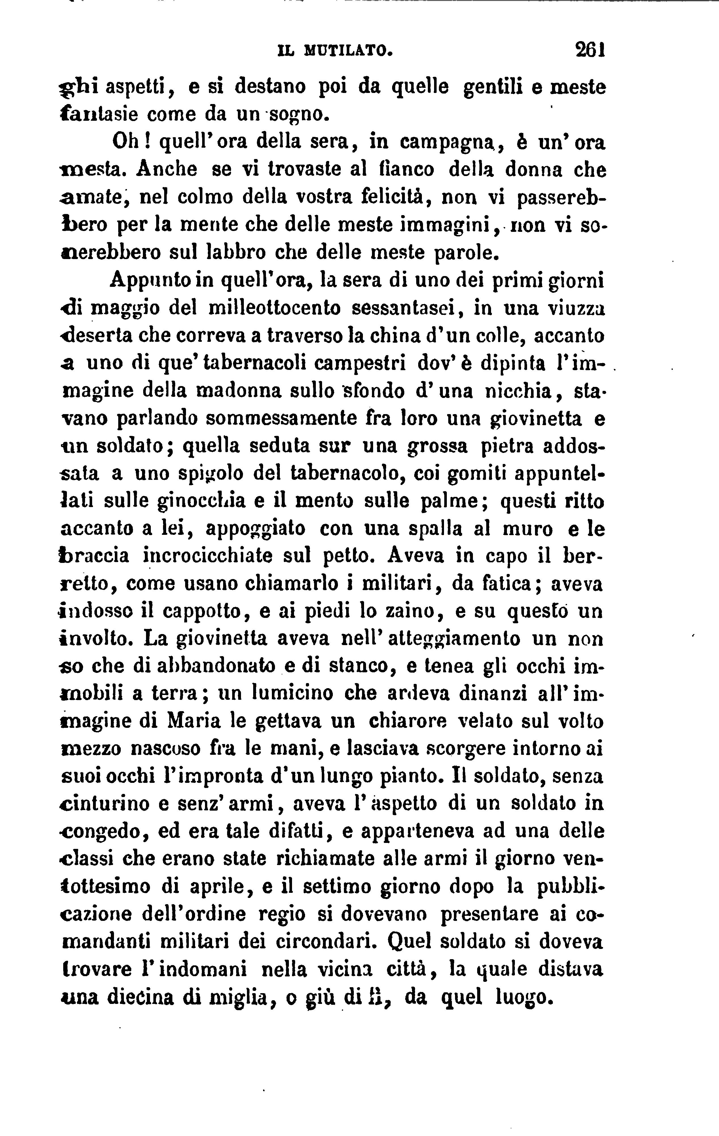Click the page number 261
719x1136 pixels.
pos(590,50)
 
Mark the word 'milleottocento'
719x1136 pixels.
pos(274,309)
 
